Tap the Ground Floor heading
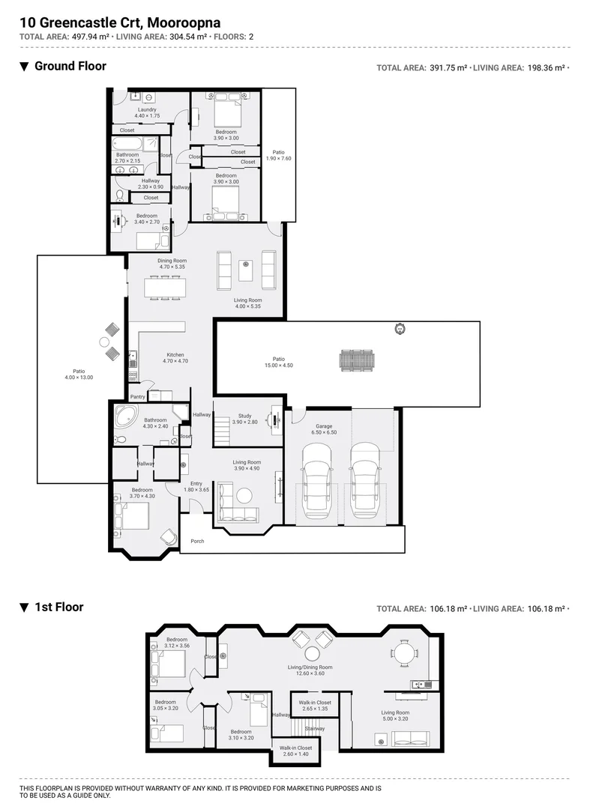tap(70, 66)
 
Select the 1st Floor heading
tap(58, 607)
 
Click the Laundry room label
tap(147, 109)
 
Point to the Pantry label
tap(137, 397)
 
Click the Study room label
tap(245, 415)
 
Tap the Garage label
tap(324, 426)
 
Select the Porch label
tap(197, 541)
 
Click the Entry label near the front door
tap(196, 483)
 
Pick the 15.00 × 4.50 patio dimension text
tap(278, 365)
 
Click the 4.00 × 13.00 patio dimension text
tap(79, 378)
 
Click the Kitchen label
tap(175, 355)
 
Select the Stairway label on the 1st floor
tap(315, 728)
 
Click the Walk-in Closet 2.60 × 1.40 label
tap(295, 748)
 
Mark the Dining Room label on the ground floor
tap(172, 260)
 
